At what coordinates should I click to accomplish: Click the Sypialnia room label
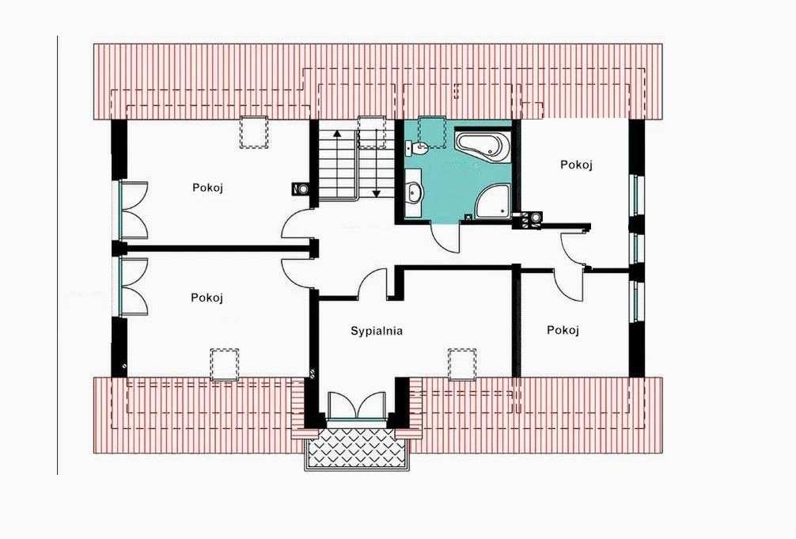(x=377, y=331)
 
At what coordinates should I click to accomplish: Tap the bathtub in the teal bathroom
(x=483, y=146)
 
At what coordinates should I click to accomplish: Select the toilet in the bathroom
(x=418, y=149)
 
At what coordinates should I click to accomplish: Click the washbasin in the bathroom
(x=415, y=194)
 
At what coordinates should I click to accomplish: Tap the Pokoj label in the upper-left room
(x=207, y=188)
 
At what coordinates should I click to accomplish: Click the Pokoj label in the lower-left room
(x=207, y=298)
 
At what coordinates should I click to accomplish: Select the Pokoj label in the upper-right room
(x=576, y=165)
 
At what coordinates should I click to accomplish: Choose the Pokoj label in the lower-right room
(x=563, y=330)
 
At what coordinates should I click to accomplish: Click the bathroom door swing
(x=445, y=238)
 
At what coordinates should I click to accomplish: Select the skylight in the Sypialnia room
(x=462, y=364)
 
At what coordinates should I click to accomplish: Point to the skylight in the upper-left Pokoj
(x=254, y=133)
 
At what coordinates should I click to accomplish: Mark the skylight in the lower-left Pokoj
(x=225, y=364)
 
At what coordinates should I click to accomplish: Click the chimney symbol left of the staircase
(x=300, y=188)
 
